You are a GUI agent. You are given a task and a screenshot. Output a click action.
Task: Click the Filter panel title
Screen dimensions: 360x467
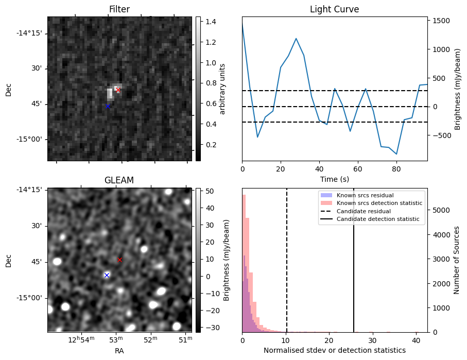pyautogui.click(x=119, y=9)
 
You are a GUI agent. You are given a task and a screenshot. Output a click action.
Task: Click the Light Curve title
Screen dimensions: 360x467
pyautogui.click(x=334, y=9)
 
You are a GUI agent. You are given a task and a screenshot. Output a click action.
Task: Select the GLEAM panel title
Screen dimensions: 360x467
pyautogui.click(x=119, y=180)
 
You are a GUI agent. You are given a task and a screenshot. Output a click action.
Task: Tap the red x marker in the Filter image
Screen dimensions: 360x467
pyautogui.click(x=118, y=90)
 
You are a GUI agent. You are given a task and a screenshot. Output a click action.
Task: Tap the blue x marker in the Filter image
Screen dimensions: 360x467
pyautogui.click(x=108, y=107)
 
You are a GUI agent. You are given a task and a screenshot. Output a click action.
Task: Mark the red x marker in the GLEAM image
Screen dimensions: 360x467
pyautogui.click(x=120, y=260)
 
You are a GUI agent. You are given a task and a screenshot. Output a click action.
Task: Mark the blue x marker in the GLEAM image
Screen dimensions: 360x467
pyautogui.click(x=107, y=275)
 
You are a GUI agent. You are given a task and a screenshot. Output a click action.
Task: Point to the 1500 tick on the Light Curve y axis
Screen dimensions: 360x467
pyautogui.click(x=439, y=21)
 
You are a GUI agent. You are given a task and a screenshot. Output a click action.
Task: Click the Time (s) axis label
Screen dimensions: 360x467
pyautogui.click(x=334, y=178)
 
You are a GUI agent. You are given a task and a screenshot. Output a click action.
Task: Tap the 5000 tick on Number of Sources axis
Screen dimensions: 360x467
pyautogui.click(x=439, y=210)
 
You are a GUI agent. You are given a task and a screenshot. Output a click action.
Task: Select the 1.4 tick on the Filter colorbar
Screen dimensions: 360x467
pyautogui.click(x=209, y=22)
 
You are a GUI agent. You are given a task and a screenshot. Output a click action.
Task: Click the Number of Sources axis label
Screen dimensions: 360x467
pyautogui.click(x=457, y=260)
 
